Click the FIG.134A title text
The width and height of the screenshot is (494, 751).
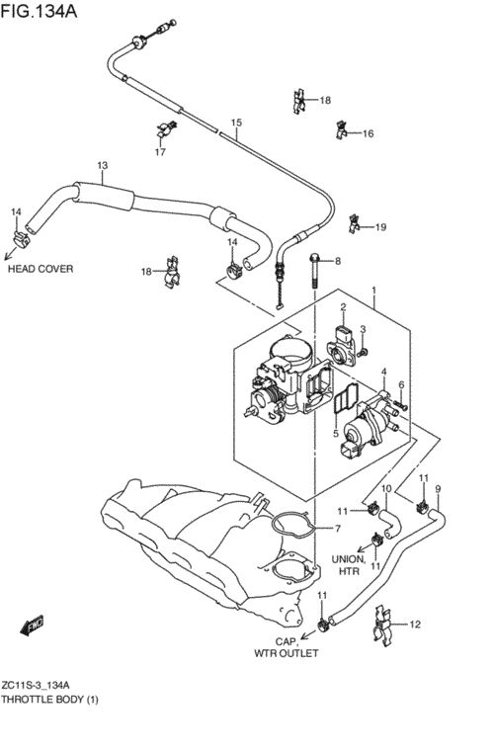[x=39, y=11]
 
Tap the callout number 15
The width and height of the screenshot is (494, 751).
[x=236, y=123]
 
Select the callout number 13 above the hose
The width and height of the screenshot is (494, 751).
[x=103, y=165]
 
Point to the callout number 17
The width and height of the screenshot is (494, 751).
[x=160, y=152]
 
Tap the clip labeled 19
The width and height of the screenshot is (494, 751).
[x=354, y=223]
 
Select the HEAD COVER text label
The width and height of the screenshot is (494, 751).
[x=41, y=269]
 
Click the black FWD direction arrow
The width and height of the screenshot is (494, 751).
[x=32, y=625]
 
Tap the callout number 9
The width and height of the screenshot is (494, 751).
[x=438, y=489]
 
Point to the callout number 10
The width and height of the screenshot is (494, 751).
[x=386, y=489]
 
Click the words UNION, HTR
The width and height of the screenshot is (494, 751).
[x=349, y=565]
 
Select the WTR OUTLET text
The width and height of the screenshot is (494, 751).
[x=286, y=653]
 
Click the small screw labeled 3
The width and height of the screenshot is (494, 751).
[x=363, y=353]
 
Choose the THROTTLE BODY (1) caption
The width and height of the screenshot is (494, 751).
[x=49, y=700]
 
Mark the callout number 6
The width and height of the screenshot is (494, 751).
[x=401, y=384]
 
